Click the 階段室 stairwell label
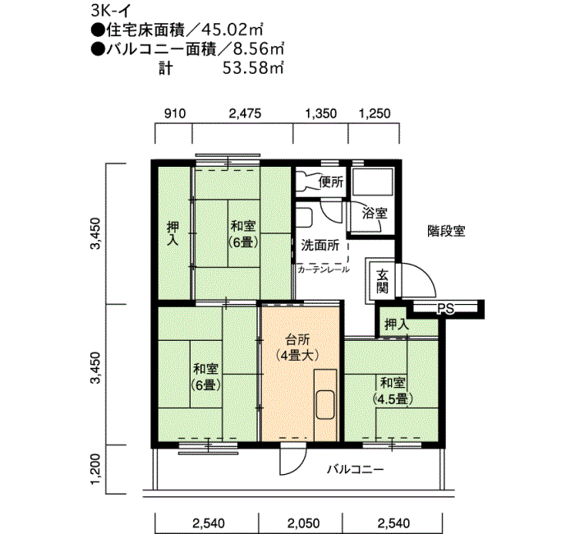(446, 232)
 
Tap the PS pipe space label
(445, 309)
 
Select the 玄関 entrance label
(382, 281)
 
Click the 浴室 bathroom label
(375, 213)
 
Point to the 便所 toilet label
(330, 182)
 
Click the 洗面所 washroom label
(320, 246)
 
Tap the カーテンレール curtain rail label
(324, 269)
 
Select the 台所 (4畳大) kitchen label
(297, 348)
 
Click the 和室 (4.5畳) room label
(393, 391)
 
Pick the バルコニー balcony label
(356, 470)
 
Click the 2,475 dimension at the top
(245, 113)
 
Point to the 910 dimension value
(174, 113)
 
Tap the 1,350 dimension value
(321, 113)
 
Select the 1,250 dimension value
(375, 113)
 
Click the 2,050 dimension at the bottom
(303, 523)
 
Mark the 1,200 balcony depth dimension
(96, 469)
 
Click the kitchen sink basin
(325, 405)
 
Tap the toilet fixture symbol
(309, 181)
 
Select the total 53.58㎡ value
(253, 68)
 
